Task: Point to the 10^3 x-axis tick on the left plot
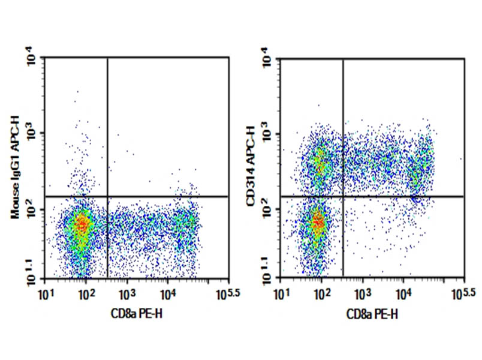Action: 126,293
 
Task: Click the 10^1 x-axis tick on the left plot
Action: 46,293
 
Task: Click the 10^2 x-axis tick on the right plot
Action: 322,293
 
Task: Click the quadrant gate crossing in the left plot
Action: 107,196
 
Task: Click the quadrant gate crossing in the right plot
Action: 343,196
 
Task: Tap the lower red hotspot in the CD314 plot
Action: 318,223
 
